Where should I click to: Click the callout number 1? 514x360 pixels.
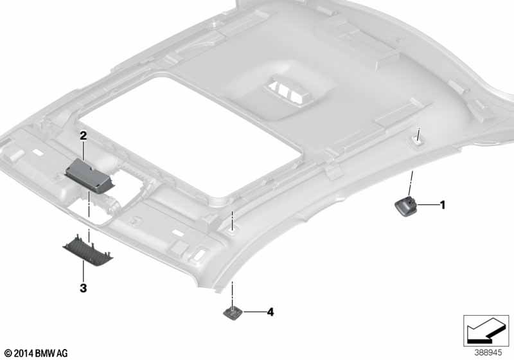coord(443,205)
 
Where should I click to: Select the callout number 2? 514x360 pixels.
coord(84,136)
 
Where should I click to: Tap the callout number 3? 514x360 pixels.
coord(84,288)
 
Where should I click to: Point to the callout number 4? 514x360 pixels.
coord(270,312)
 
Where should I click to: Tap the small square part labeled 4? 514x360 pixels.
coord(233,312)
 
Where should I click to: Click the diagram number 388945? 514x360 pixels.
coord(488,353)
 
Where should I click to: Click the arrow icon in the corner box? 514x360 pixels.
coord(486,330)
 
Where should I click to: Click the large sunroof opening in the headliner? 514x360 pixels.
coord(190,138)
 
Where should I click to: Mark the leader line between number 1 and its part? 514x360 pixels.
coord(428,205)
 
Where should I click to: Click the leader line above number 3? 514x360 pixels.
coord(84,274)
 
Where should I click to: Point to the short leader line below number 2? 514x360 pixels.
coord(84,150)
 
